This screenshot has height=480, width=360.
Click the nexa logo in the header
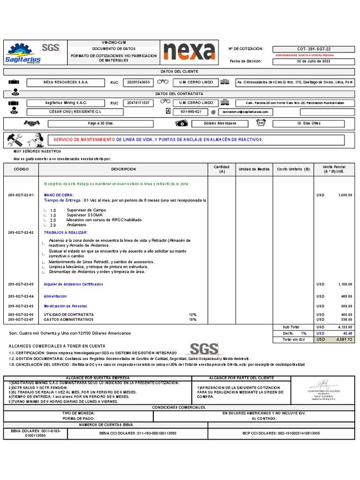pos(189,52)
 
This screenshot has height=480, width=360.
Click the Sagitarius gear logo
pos(22,53)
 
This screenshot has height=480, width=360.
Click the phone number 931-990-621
pos(191,112)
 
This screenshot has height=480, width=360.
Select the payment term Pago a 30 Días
pos(101,123)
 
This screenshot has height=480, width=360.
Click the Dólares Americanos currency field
pos(220,123)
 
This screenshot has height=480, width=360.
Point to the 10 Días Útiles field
pos(309,123)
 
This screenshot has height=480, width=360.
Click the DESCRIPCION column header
pos(123,169)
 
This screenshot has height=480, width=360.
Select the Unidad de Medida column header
pos(254,169)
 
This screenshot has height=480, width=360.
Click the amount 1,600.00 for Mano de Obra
pos(345,195)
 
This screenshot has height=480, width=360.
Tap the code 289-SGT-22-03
pos(21,285)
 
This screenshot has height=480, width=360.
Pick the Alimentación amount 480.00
pos(346,296)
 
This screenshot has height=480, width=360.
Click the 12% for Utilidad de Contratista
pos(192,315)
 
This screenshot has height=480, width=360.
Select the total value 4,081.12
pos(344,339)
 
